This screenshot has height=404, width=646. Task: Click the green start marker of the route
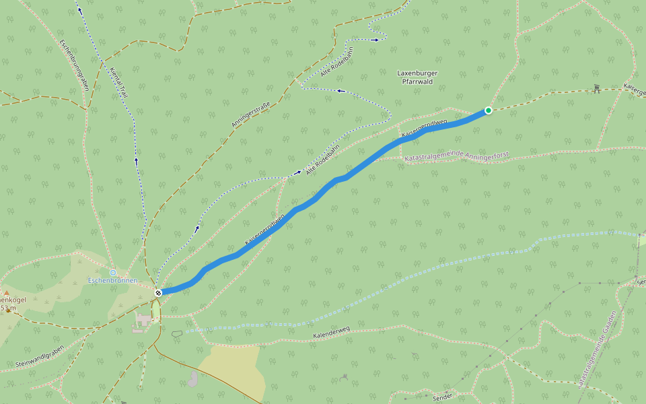[489, 110]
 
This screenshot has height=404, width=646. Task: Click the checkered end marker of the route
[158, 293]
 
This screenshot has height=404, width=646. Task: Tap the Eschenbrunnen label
[112, 280]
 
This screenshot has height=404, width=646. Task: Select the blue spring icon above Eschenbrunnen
[113, 272]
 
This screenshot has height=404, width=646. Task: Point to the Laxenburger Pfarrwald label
[418, 76]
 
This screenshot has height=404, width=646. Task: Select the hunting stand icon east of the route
[596, 88]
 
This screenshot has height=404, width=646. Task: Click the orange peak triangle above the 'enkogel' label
[6, 293]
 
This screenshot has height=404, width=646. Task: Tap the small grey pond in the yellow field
[193, 379]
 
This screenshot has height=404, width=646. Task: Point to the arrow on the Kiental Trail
[136, 160]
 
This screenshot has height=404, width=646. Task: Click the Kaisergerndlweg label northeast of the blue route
[424, 129]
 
